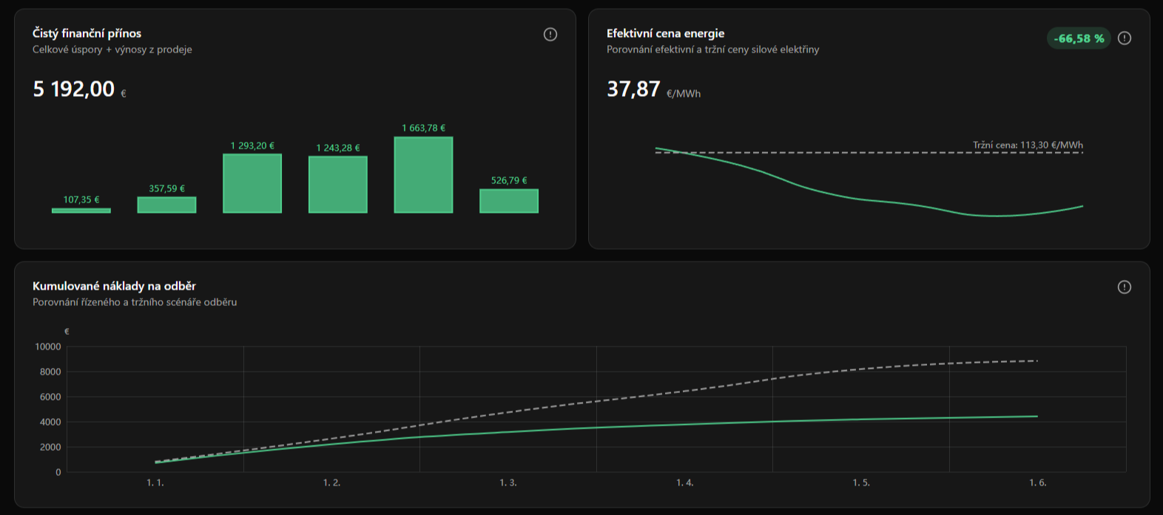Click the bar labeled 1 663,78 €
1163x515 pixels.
(423, 175)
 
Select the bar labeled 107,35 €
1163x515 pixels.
(81, 211)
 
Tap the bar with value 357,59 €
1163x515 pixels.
(166, 205)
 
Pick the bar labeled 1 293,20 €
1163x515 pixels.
(252, 183)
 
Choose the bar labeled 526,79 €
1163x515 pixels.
(509, 201)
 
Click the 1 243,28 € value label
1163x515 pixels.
(338, 148)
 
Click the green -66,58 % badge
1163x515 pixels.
(1079, 38)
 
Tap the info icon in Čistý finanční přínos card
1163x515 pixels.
(550, 34)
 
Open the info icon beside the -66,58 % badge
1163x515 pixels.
(1125, 38)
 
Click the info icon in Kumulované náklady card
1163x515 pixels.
(1125, 287)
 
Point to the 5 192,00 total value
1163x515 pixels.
(74, 89)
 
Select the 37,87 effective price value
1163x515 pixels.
(633, 89)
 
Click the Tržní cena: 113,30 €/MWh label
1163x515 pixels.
(1028, 145)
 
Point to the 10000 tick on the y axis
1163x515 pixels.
(48, 347)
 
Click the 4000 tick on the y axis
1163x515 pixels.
(50, 422)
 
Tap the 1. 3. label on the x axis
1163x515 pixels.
(508, 482)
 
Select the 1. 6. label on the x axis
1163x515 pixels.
(1038, 482)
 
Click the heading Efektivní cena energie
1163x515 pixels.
(666, 33)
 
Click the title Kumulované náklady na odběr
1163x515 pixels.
(114, 286)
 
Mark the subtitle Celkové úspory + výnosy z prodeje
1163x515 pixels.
(112, 50)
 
